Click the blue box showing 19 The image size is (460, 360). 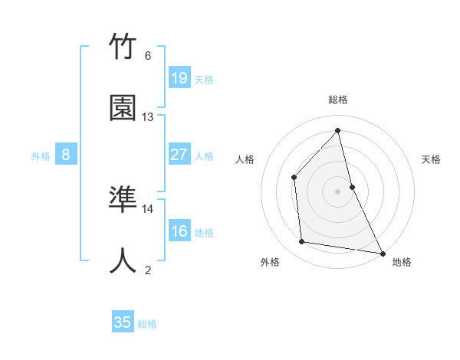[x=179, y=77]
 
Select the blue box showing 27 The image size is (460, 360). [x=179, y=155]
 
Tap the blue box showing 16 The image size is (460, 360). [x=179, y=231]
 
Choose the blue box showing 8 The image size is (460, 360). [x=66, y=155]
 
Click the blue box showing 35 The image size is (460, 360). [x=123, y=322]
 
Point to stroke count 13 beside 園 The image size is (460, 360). [x=148, y=117]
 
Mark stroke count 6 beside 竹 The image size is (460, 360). [x=148, y=56]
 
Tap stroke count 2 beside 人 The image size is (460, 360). [x=148, y=270]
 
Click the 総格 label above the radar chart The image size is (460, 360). [x=338, y=100]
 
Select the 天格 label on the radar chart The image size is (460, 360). [x=432, y=159]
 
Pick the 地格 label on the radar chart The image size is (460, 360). [x=402, y=262]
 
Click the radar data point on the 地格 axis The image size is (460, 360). [x=382, y=252]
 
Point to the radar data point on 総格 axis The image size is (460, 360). [x=338, y=130]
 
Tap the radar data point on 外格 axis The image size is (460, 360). [x=302, y=242]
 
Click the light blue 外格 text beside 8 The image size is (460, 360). [x=41, y=155]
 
